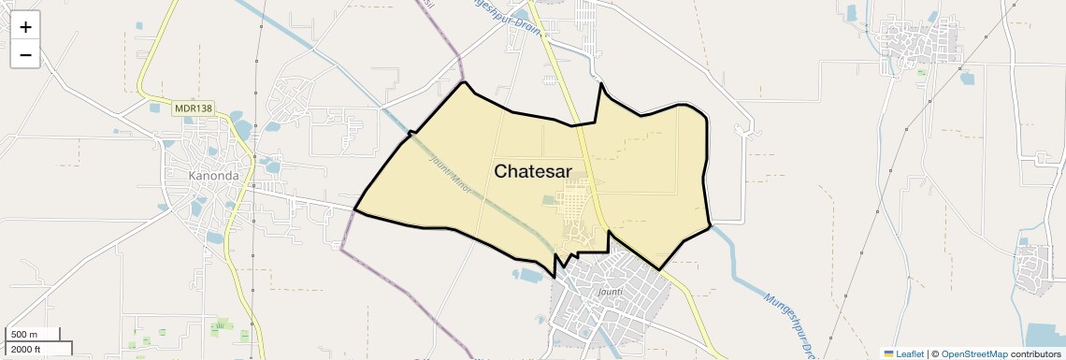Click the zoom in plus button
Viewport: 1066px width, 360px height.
tap(25, 26)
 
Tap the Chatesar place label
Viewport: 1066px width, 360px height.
tap(532, 171)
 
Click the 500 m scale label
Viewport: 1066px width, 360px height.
tap(24, 335)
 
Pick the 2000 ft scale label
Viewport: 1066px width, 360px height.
tap(26, 349)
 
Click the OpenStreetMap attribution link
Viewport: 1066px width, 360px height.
tap(974, 354)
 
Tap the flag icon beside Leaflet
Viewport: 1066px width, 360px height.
tap(889, 354)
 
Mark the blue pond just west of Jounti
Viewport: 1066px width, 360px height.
tap(528, 275)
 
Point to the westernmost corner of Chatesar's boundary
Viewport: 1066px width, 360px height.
tap(354, 209)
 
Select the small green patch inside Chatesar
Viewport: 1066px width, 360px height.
tap(550, 200)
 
